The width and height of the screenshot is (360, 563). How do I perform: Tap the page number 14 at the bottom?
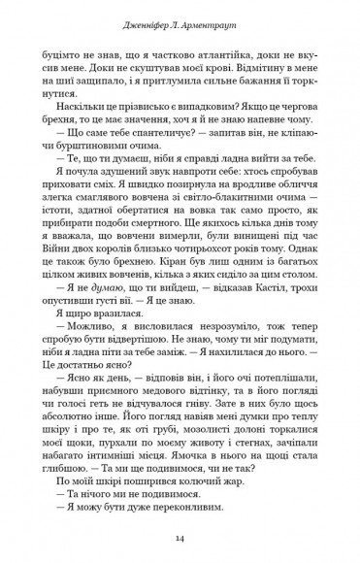click(180, 538)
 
